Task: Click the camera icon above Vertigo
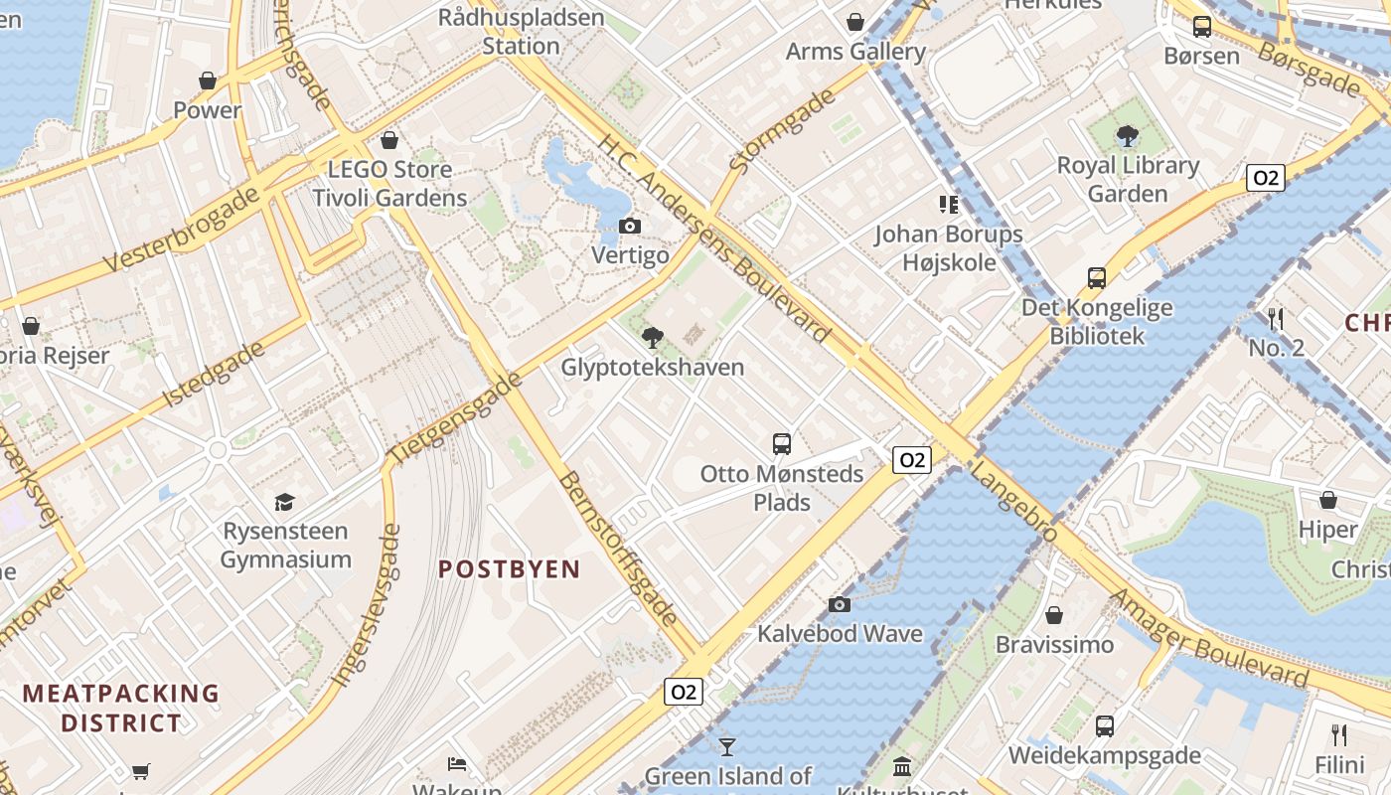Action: [629, 227]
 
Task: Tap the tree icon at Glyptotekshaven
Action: [653, 338]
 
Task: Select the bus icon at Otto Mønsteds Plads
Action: [782, 443]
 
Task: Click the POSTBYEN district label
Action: [510, 569]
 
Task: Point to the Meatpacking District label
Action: [121, 708]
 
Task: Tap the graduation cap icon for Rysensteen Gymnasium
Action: [285, 502]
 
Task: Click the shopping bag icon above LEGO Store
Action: [389, 140]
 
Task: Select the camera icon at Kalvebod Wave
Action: [840, 604]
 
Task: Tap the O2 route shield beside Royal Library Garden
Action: [1265, 178]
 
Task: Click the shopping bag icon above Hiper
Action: [1328, 500]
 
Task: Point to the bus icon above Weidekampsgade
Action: [1105, 726]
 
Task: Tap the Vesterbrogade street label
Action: [183, 230]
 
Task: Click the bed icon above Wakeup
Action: [457, 764]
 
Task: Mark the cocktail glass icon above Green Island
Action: [728, 746]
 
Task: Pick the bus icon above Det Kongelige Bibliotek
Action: [1097, 278]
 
